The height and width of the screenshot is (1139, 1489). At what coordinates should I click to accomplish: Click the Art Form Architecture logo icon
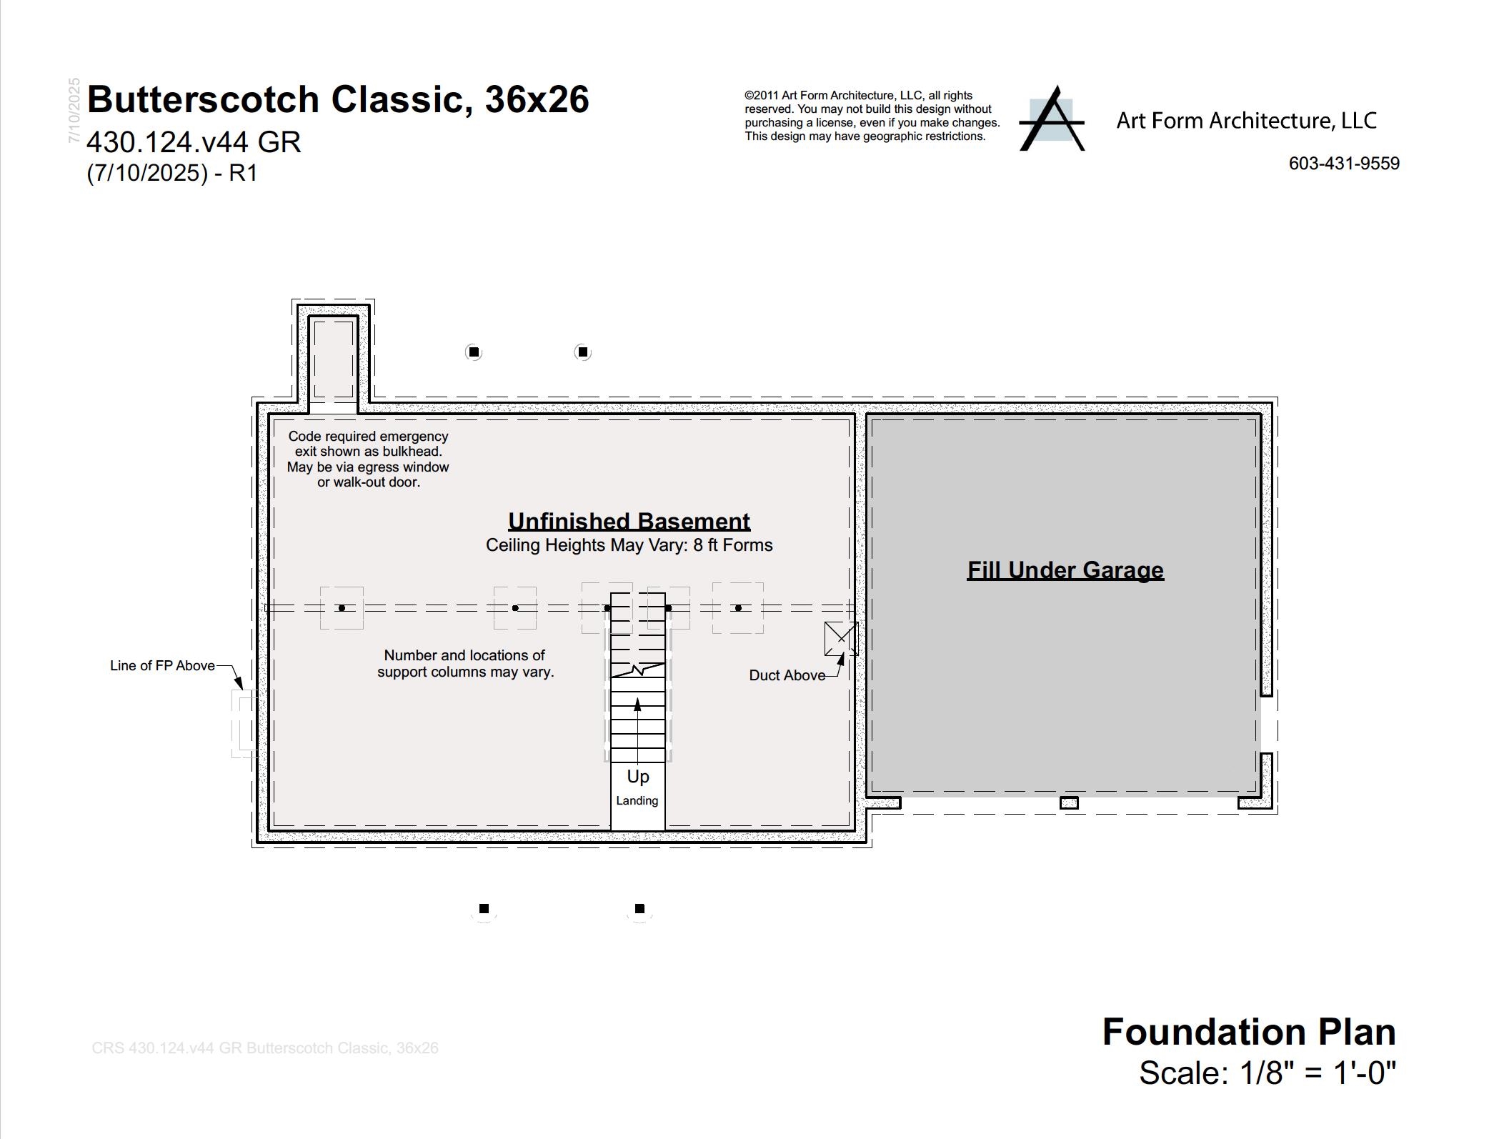(x=1051, y=119)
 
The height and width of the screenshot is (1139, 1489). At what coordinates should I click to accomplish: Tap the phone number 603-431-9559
(x=1344, y=164)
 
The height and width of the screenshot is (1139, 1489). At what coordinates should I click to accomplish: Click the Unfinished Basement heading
(x=629, y=521)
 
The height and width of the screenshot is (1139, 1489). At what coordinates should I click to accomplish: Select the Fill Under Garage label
(x=1065, y=569)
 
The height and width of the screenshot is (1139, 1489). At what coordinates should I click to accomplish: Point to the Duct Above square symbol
(x=841, y=638)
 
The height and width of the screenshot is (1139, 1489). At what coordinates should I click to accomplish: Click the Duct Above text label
(x=787, y=675)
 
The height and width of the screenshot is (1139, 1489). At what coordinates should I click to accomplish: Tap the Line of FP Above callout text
(x=162, y=665)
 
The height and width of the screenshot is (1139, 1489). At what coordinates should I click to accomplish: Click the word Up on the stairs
(x=638, y=777)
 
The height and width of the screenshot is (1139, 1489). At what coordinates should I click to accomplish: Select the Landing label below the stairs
(x=637, y=801)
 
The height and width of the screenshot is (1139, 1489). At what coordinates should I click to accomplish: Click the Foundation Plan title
(x=1249, y=1032)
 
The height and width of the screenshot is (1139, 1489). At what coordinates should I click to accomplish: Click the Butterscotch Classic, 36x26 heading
(x=338, y=99)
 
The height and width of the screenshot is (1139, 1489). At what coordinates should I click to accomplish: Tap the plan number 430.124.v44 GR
(x=194, y=142)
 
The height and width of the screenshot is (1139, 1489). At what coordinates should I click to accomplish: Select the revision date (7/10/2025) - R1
(x=171, y=173)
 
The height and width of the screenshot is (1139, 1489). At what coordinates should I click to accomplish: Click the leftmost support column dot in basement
(x=342, y=608)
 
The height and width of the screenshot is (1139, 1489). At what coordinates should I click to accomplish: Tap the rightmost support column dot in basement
(x=738, y=608)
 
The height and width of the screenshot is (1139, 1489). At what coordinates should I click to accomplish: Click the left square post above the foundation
(x=474, y=352)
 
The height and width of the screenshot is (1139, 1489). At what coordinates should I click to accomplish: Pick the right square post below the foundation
(x=639, y=909)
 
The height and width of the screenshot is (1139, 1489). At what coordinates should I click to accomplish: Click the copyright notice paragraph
(x=872, y=116)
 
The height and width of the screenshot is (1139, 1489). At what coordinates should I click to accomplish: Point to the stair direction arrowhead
(x=637, y=705)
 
